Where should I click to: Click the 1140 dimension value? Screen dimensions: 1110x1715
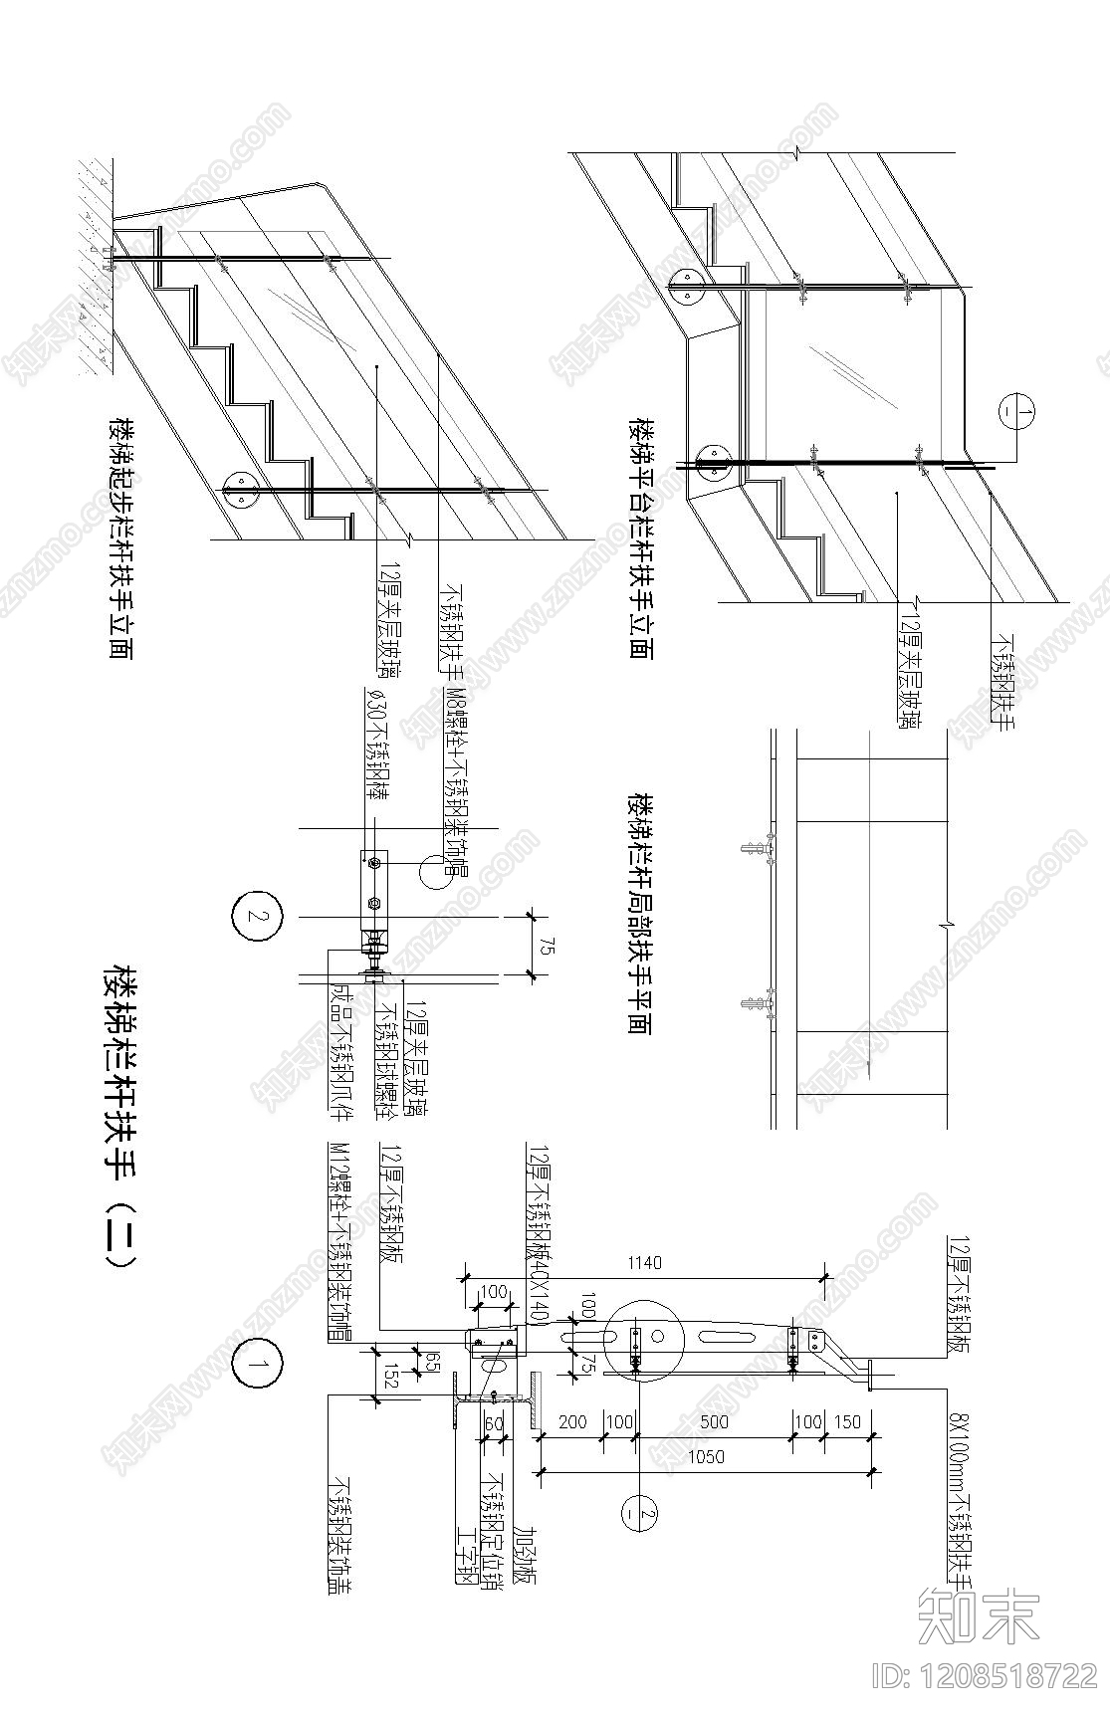coord(642,1263)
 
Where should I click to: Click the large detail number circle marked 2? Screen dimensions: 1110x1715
coord(257,917)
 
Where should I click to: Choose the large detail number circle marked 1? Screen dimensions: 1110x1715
coord(259,1365)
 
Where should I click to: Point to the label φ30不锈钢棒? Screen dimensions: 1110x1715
coord(376,747)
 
